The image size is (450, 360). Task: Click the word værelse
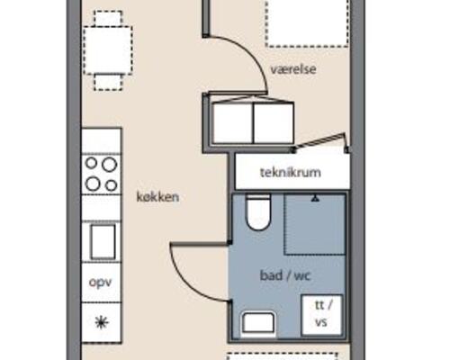coord(293,69)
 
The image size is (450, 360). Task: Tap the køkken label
coord(157,197)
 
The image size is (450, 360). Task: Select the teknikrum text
coord(291,172)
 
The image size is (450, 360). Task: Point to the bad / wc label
coord(284,275)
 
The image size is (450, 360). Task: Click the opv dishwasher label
coord(101,283)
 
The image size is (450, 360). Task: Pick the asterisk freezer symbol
coord(102,323)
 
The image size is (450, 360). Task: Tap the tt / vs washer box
coord(321,315)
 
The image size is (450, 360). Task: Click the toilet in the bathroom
coord(258,212)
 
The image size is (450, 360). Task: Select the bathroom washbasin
coord(258,323)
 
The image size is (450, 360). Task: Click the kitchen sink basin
coord(103,242)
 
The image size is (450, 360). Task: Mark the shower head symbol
coord(315,198)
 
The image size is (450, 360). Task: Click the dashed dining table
coord(108,50)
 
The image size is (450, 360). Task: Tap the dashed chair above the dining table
coord(108,18)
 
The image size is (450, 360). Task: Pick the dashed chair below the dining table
coord(108,83)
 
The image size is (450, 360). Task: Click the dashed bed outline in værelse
coord(308,23)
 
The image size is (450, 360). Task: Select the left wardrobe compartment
coord(232,123)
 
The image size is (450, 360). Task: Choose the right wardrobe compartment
coord(274,123)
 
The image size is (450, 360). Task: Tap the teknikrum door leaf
coord(319,140)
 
